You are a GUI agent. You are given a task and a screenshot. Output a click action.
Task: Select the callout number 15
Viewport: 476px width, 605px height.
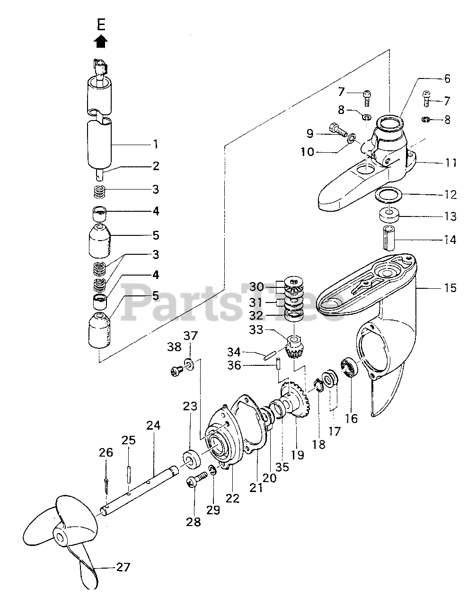tap(450, 287)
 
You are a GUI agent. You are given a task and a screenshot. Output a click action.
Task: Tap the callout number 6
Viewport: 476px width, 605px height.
tap(447, 79)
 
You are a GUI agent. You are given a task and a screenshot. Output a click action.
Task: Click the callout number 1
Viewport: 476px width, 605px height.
tap(156, 144)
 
